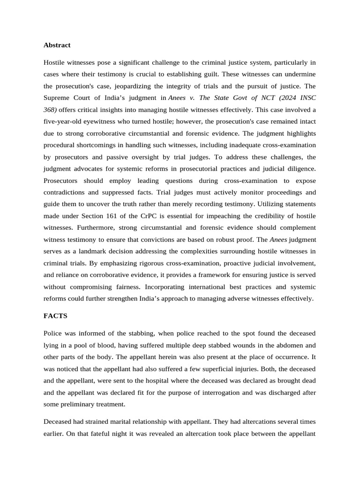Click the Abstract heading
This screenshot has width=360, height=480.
pos(57,45)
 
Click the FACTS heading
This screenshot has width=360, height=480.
pos(55,316)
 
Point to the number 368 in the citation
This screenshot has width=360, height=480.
pos(50,110)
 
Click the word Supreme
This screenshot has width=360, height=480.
pos(58,98)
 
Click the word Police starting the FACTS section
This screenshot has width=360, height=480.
pos(52,333)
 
